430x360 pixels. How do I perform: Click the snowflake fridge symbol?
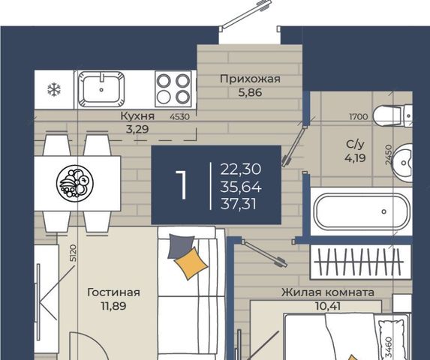tap(54, 90)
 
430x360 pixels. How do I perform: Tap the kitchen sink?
tap(101, 89)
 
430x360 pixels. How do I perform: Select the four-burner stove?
tap(173, 88)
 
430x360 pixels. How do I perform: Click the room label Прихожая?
tap(250, 79)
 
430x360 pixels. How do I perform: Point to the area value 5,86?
tap(250, 92)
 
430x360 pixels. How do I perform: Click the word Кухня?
tap(137, 116)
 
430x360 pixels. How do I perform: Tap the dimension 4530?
tap(179, 117)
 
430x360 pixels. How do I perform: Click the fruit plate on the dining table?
tap(74, 182)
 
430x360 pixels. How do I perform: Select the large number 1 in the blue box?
tap(182, 185)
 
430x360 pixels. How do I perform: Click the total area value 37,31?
tap(239, 205)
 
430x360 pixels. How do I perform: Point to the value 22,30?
tap(240, 169)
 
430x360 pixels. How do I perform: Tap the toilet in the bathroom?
tap(392, 115)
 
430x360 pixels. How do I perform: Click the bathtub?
tap(362, 211)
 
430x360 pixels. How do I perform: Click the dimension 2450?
tap(388, 154)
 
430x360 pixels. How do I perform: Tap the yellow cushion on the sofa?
tap(191, 263)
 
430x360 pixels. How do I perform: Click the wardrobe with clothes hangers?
tap(361, 262)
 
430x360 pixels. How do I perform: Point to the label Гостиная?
tap(113, 292)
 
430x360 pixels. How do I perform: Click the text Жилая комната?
tap(328, 292)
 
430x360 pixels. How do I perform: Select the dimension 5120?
tap(74, 253)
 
